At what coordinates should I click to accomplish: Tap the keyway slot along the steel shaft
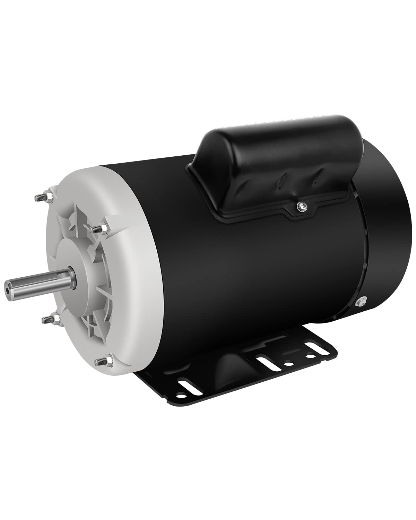click(35, 279)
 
